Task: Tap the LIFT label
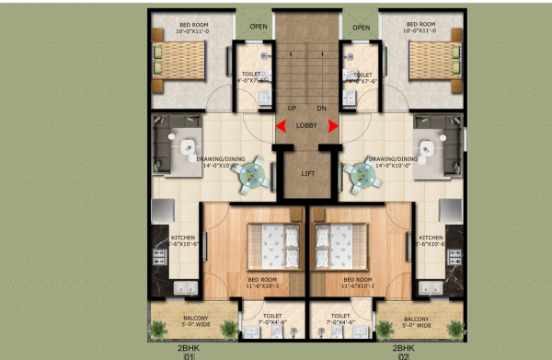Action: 307,172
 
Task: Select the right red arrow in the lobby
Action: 333,128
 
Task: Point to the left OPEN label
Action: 259,27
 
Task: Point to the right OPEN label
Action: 362,27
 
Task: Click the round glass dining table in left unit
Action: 253,174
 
